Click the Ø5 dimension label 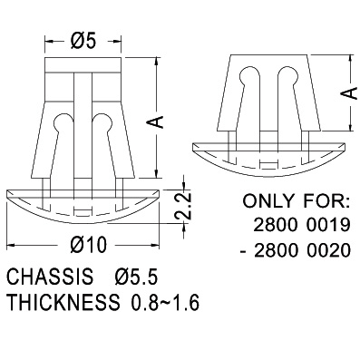click(x=83, y=41)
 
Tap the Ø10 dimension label click(x=89, y=245)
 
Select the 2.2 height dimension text click(x=182, y=205)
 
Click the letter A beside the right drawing click(x=350, y=93)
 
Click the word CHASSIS click(x=50, y=277)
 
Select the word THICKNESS click(x=63, y=302)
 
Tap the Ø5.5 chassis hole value click(x=136, y=277)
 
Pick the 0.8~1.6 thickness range click(x=165, y=302)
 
